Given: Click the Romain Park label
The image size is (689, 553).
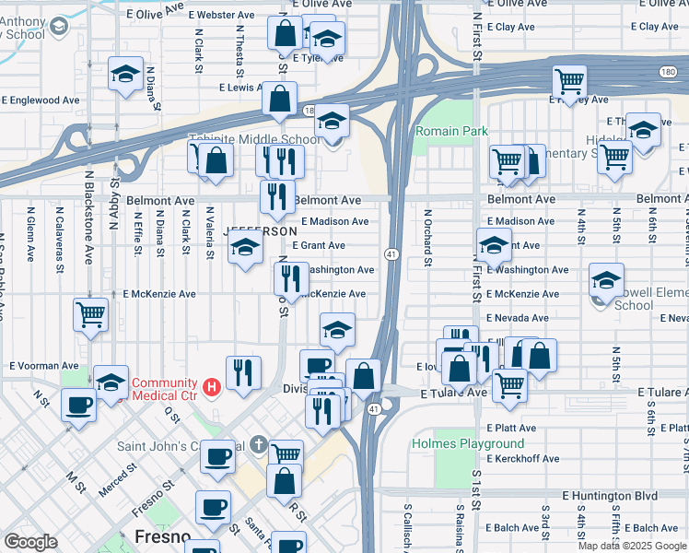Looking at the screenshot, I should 451,131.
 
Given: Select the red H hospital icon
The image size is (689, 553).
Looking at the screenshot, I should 212,386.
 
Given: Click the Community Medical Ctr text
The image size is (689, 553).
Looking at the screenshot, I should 165,383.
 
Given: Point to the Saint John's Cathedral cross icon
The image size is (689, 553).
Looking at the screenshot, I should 261,447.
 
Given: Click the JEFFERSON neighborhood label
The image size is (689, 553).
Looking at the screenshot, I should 261,230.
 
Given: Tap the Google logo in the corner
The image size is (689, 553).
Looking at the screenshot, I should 30,541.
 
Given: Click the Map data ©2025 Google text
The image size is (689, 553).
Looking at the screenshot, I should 631,546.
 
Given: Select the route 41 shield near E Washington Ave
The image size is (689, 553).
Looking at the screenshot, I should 391,253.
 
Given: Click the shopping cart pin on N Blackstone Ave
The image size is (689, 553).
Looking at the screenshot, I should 90,313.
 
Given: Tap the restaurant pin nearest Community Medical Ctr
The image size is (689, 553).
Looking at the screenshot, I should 243,372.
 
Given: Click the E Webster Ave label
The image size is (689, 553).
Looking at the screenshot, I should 221,16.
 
